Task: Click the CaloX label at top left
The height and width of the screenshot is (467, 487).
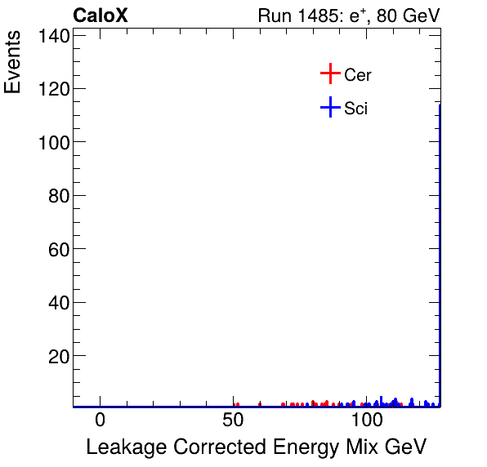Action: [100, 16]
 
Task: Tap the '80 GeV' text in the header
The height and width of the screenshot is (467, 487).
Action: [408, 16]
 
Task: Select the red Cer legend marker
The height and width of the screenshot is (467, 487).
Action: [329, 74]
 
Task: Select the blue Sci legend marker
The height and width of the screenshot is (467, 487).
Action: [329, 107]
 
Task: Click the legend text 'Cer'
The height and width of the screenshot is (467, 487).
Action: [358, 75]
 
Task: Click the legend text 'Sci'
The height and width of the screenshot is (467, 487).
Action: [355, 108]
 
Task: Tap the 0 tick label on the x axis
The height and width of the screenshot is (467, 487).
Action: [100, 420]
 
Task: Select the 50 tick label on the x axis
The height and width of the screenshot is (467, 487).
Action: [234, 420]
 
